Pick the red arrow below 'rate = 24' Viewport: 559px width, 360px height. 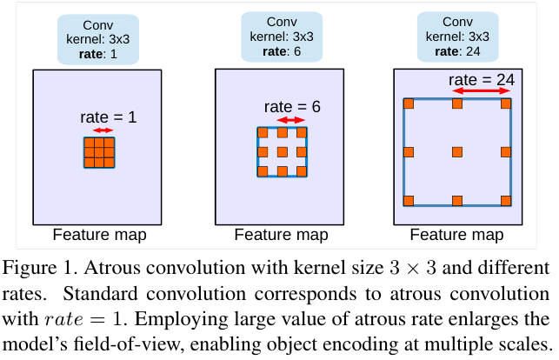click(481, 90)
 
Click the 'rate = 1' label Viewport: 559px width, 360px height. click(107, 116)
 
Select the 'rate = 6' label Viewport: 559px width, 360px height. click(292, 106)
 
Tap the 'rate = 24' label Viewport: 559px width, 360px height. click(482, 79)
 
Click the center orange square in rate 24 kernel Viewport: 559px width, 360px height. click(456, 152)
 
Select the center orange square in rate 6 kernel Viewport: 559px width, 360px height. click(283, 152)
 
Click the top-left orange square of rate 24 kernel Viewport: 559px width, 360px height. click(408, 104)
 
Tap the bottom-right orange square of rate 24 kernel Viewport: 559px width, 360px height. click(505, 200)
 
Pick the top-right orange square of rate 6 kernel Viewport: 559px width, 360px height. click(302, 133)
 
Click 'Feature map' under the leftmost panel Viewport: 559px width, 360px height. click(99, 235)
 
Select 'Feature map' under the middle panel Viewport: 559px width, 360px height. click(282, 235)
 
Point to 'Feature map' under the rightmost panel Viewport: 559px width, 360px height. click(456, 235)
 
